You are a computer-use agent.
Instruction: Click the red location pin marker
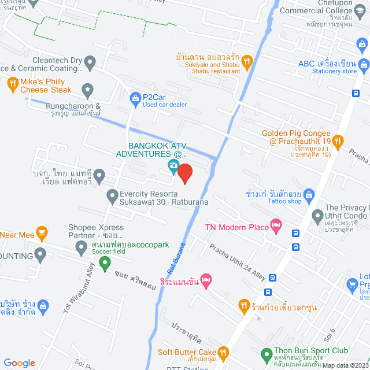pos(184,173)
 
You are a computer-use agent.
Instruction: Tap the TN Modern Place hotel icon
pos(276,227)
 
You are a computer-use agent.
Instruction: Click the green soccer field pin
pos(105,264)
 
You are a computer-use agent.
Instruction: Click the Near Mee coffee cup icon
pos(42,233)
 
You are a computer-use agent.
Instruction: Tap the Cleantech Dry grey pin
pos(90,61)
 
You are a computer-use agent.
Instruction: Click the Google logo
pos(19,362)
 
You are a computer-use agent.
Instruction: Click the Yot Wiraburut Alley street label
pos(79,293)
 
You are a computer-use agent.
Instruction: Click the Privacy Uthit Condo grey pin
pos(317,217)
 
